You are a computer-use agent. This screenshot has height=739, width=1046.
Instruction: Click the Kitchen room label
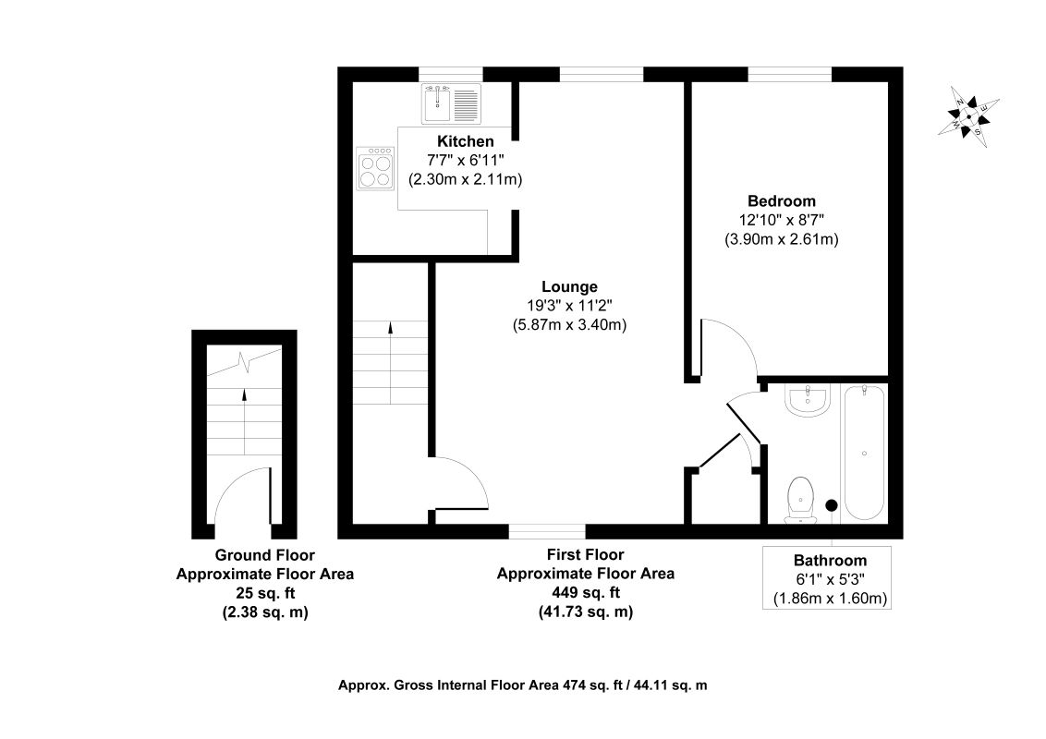click(x=465, y=141)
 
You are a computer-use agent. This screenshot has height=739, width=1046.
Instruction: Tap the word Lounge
click(x=569, y=286)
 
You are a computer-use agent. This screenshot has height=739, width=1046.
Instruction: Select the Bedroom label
click(x=781, y=200)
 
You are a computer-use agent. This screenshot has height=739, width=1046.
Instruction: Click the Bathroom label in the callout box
click(x=830, y=561)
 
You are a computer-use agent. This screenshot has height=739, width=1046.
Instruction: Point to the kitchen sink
click(x=451, y=103)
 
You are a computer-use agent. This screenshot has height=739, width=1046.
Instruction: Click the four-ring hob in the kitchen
click(x=375, y=169)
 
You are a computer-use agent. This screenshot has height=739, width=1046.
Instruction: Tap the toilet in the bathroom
click(x=800, y=499)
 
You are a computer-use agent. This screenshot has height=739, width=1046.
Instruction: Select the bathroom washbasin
click(x=808, y=400)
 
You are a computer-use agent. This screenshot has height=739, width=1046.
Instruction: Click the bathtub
click(x=864, y=453)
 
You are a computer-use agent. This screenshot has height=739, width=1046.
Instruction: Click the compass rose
click(x=968, y=117)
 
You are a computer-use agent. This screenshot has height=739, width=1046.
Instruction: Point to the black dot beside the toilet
click(x=832, y=505)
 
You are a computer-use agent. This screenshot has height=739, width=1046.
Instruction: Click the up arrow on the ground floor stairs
click(x=244, y=421)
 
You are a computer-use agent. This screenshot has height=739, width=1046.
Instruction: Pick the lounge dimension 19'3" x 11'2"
click(x=569, y=306)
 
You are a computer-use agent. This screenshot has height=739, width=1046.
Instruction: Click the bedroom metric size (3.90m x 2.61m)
click(x=781, y=238)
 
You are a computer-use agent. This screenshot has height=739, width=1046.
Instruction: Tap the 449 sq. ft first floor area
click(x=586, y=592)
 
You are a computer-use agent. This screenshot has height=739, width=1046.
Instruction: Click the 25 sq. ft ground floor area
click(x=265, y=592)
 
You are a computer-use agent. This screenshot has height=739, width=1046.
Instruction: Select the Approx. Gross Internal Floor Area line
click(x=522, y=685)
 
